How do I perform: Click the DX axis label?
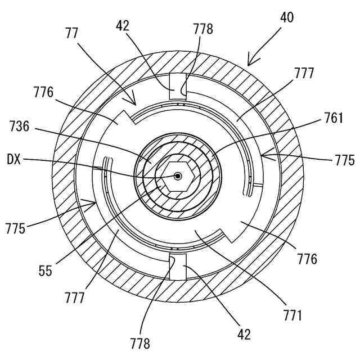point(15,160)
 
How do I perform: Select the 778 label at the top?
point(202,29)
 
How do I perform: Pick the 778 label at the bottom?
point(139,342)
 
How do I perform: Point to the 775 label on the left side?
point(16,229)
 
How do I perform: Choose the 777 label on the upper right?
point(303,73)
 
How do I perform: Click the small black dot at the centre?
point(177,176)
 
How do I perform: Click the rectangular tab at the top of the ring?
point(178,88)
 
